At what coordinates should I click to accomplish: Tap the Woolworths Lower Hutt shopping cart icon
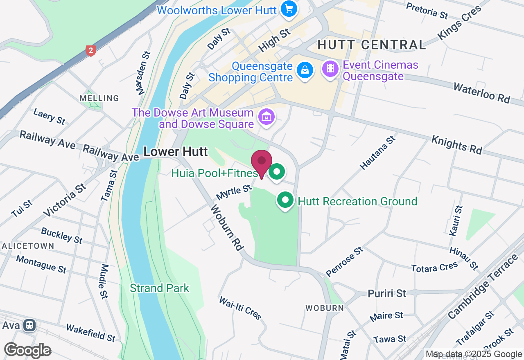(x=289, y=9)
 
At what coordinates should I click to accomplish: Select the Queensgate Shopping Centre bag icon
(x=305, y=70)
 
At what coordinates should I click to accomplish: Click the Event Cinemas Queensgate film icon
(x=330, y=69)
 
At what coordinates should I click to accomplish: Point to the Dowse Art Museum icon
(x=267, y=117)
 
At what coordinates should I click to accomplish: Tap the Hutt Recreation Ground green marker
(x=286, y=201)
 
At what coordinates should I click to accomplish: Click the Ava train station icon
(x=29, y=325)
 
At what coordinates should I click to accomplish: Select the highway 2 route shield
(x=91, y=51)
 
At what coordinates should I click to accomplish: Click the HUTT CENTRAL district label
(x=372, y=45)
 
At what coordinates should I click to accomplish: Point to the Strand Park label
(x=160, y=288)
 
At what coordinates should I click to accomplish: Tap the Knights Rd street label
(x=457, y=145)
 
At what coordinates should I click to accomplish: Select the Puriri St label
(x=386, y=293)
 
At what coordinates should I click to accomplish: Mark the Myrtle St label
(x=233, y=192)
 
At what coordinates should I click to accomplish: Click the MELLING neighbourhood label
(x=99, y=98)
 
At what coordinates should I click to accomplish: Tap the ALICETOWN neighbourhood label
(x=28, y=246)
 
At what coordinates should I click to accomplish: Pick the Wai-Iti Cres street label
(x=240, y=308)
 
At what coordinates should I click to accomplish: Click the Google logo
(x=27, y=350)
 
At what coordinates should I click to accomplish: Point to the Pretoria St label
(x=427, y=11)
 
